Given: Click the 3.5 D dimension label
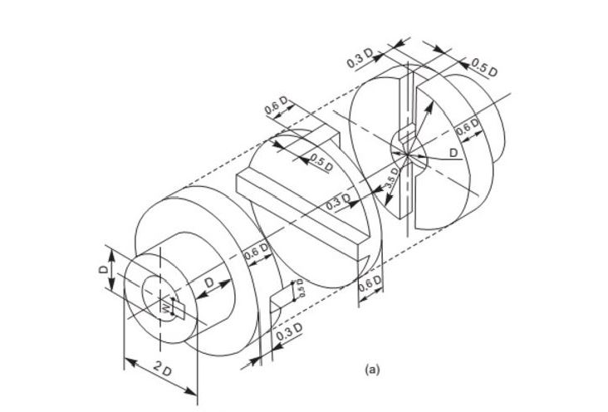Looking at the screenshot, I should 394,180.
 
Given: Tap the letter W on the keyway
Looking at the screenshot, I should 166,309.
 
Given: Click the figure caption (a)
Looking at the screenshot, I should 371,366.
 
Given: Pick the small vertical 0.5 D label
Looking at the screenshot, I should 302,288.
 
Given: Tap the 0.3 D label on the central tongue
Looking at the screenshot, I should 336,202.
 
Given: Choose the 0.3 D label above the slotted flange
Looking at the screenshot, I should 361,58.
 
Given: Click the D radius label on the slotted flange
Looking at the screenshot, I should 453,154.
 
